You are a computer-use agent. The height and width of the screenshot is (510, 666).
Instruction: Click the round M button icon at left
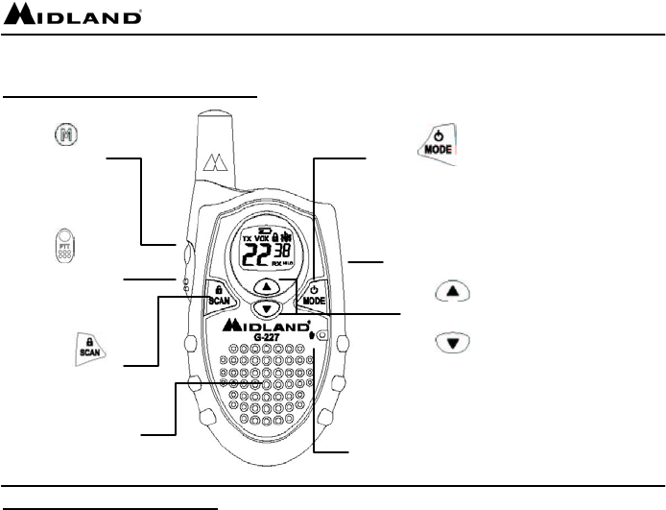pyautogui.click(x=59, y=137)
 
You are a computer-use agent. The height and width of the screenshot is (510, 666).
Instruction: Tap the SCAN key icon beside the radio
pyautogui.click(x=90, y=348)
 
